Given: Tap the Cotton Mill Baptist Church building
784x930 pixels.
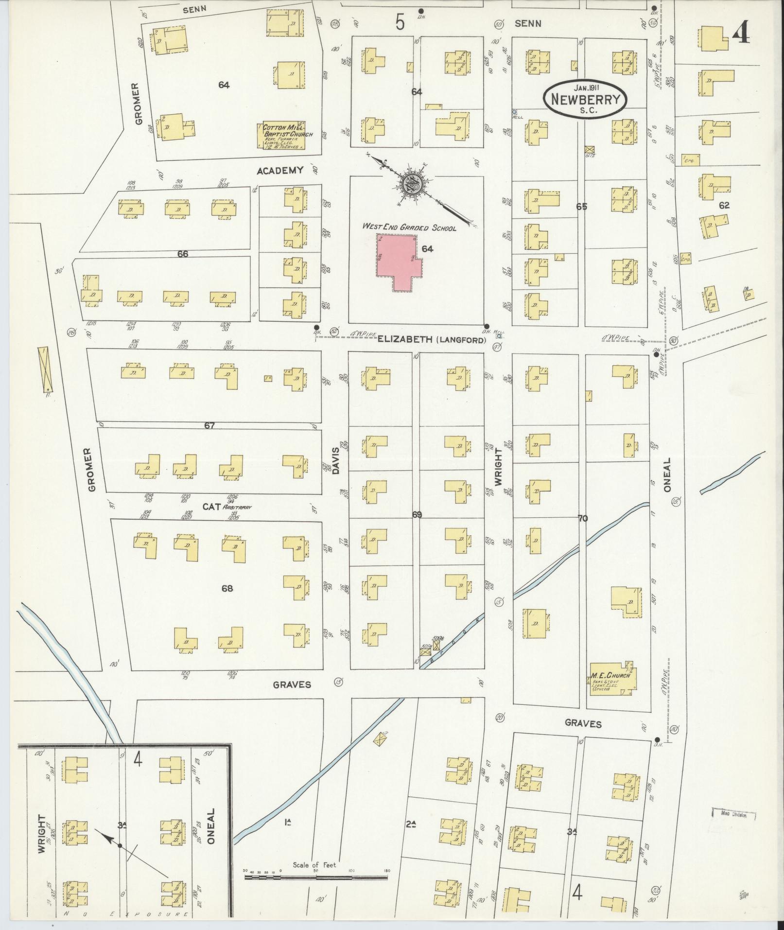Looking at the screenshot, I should [284, 135].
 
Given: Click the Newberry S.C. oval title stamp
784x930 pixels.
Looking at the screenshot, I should [585, 99].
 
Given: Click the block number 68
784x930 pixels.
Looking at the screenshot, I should [227, 588].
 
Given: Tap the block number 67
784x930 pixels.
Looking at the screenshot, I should [209, 426].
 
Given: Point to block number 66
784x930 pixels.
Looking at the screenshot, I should [182, 254].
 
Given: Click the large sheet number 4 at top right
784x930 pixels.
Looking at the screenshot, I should [740, 34].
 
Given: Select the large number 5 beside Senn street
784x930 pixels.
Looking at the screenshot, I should [400, 22].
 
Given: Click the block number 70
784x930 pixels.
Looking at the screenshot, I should [582, 519].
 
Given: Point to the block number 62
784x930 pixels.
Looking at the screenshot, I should [724, 206].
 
